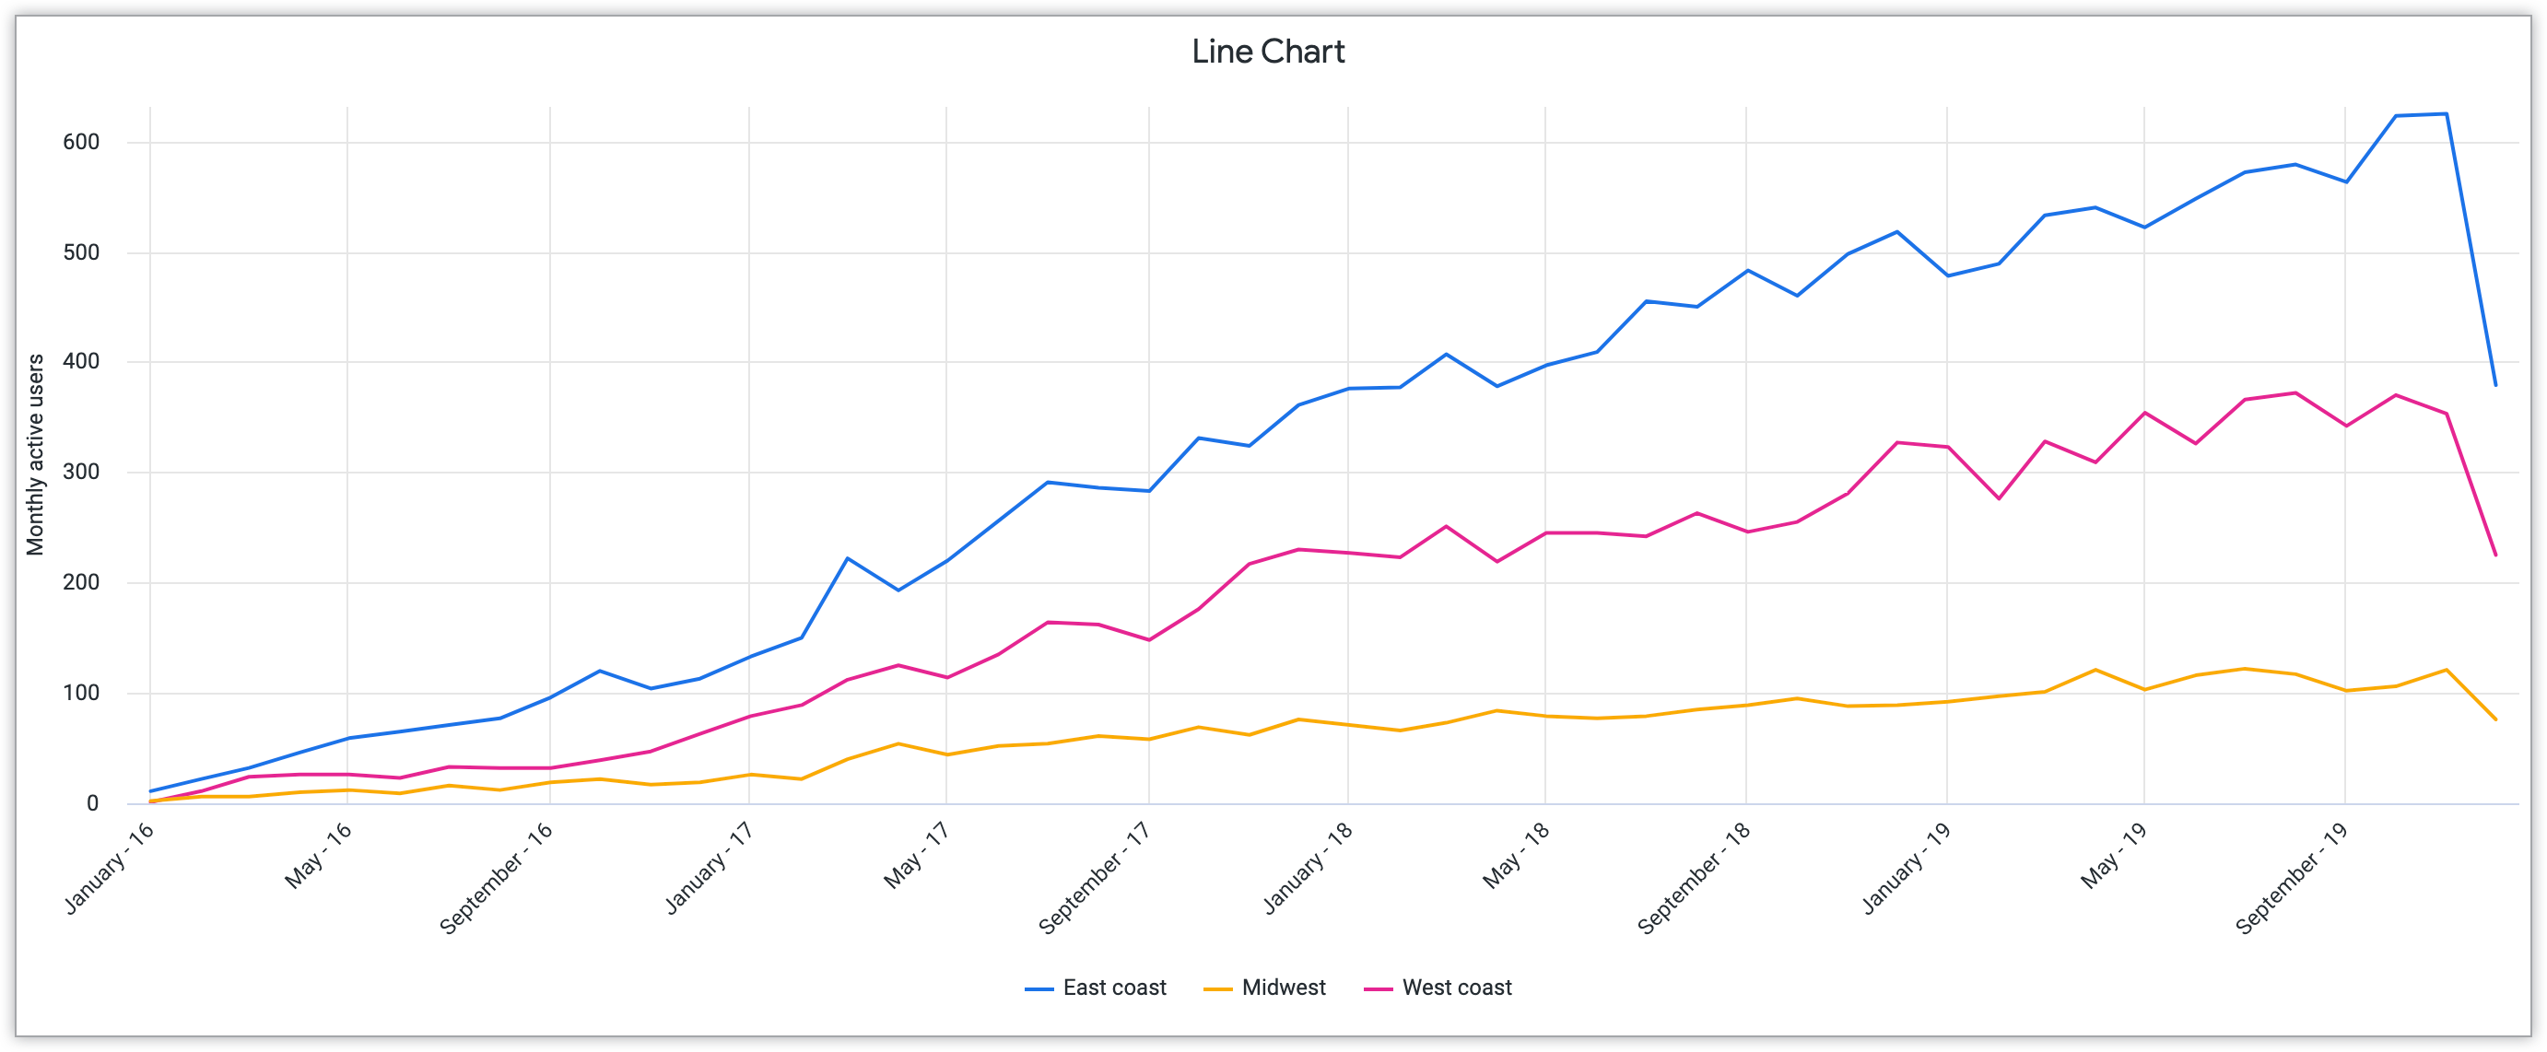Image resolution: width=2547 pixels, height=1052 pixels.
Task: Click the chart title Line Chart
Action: coord(1268,52)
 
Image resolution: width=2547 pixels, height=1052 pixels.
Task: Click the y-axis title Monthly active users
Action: coord(36,455)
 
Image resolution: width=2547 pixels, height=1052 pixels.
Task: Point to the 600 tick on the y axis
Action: coord(81,143)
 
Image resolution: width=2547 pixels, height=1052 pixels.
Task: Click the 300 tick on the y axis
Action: coord(81,473)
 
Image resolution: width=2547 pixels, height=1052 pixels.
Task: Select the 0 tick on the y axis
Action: coord(92,804)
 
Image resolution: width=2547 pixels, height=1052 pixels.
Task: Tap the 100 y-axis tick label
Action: coord(81,693)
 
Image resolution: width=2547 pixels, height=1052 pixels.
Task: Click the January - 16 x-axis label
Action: coord(110,868)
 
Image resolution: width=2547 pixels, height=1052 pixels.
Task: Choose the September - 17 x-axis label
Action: coord(1095,878)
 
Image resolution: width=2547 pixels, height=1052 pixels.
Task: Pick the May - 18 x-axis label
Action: coord(1517,855)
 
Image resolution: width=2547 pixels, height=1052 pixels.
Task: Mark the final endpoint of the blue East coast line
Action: coord(2495,386)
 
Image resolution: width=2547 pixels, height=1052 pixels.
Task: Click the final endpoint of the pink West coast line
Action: coord(2495,555)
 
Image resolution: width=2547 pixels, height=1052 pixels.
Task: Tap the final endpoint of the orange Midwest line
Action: coord(2495,719)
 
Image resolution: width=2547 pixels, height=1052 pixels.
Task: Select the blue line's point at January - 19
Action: coord(1948,275)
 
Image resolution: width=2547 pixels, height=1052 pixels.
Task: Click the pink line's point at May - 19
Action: coord(2144,413)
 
